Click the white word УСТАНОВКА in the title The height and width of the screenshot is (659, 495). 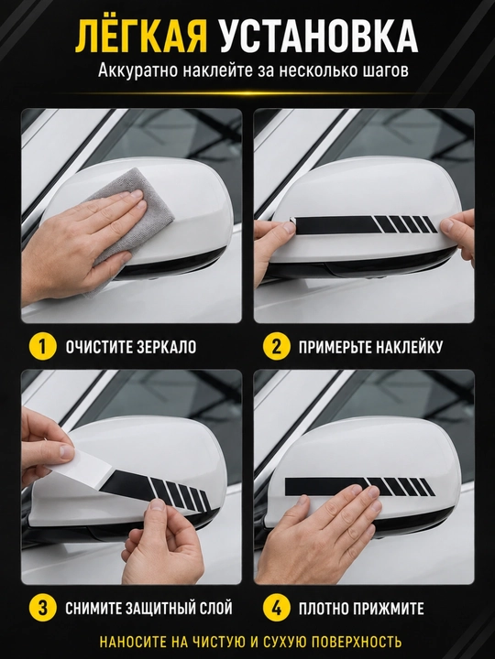[319, 37]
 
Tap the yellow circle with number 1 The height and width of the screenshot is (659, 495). [42, 347]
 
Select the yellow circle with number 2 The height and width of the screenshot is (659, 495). [277, 347]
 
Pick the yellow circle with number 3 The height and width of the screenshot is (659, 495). [42, 608]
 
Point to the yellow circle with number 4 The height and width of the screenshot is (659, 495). [277, 608]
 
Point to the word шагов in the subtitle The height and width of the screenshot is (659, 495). [386, 70]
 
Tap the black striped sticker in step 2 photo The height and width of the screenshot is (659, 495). [365, 223]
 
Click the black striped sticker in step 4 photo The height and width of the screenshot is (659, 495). [359, 487]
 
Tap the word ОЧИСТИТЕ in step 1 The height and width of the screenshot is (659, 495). [98, 347]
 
